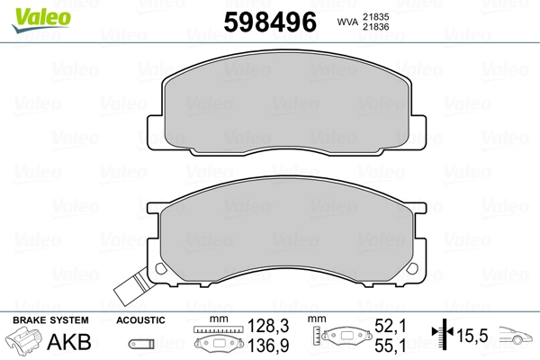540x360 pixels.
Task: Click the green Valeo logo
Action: [41, 21]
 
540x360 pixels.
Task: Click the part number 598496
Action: [270, 22]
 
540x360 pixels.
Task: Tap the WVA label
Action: [347, 22]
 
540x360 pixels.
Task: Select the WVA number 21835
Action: [375, 16]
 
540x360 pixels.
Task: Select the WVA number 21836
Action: [375, 26]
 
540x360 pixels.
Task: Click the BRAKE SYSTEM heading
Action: [50, 320]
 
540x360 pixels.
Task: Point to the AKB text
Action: [69, 342]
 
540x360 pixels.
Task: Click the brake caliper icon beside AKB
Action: [22, 341]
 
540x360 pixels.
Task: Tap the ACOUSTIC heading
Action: [140, 320]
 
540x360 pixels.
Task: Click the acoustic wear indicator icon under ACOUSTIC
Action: [141, 344]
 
